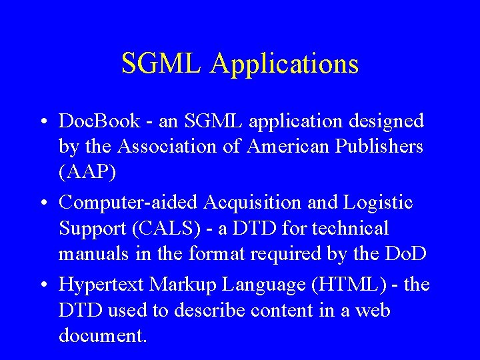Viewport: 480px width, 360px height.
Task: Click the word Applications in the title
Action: (285, 65)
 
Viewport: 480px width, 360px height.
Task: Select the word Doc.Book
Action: (99, 121)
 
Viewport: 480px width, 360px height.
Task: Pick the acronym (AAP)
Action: (87, 172)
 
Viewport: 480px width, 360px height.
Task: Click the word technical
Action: (349, 228)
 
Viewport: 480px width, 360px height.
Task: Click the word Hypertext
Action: (101, 285)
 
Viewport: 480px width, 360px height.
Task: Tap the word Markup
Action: (181, 285)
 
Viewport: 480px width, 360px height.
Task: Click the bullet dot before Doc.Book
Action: (43, 122)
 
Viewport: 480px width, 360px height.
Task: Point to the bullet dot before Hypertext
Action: (43, 285)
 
